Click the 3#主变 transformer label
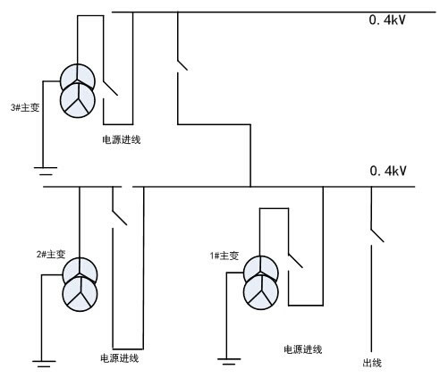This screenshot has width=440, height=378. coord(25,107)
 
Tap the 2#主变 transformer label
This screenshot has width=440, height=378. coord(51,254)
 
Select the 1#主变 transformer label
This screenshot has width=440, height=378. coord(224,256)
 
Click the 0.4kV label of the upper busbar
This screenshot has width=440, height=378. coord(387,21)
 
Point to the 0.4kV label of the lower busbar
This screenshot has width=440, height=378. coord(388,171)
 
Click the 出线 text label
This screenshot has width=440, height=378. coord(372,363)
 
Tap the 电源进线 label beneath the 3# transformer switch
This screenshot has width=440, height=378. coord(122,139)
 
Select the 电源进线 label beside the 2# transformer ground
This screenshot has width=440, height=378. coord(120,358)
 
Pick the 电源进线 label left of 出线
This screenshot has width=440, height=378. coord(303,349)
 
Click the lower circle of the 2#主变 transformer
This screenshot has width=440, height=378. coord(80,294)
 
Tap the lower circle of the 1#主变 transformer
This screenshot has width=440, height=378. coord(261,292)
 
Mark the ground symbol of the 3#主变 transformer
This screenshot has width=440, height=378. coord(46,171)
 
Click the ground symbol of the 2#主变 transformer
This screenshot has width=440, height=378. coord(44,364)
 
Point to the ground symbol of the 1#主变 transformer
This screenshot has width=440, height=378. coord(229,362)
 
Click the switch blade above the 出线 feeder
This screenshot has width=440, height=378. coord(377,236)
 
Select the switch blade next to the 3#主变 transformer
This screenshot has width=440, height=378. coord(111,88)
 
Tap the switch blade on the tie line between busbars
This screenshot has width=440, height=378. coord(182,65)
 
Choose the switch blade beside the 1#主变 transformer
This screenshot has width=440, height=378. coord(295,261)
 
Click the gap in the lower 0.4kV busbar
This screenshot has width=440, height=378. coord(127,187)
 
